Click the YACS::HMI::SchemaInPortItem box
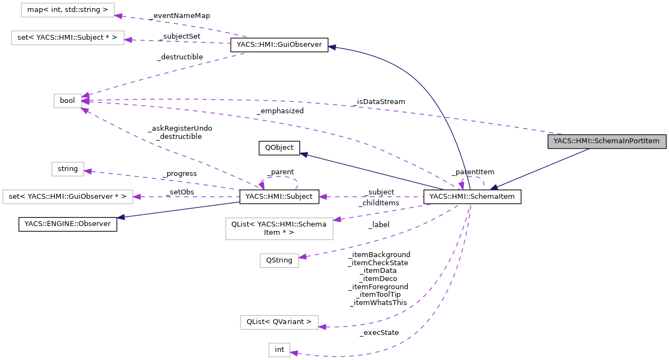(x=606, y=141)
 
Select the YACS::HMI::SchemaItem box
(x=472, y=196)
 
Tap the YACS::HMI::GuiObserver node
(x=279, y=45)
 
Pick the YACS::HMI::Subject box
(x=279, y=196)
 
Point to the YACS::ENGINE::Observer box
(x=68, y=224)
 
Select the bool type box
(x=67, y=101)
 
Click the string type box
(x=67, y=169)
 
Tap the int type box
(x=279, y=350)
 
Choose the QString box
(x=279, y=260)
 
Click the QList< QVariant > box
(x=279, y=322)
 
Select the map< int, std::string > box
(x=67, y=10)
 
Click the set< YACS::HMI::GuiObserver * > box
(x=67, y=196)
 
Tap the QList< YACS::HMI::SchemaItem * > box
(x=279, y=229)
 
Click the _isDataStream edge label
(x=378, y=101)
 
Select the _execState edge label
(x=379, y=332)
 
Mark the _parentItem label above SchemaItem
(x=469, y=172)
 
